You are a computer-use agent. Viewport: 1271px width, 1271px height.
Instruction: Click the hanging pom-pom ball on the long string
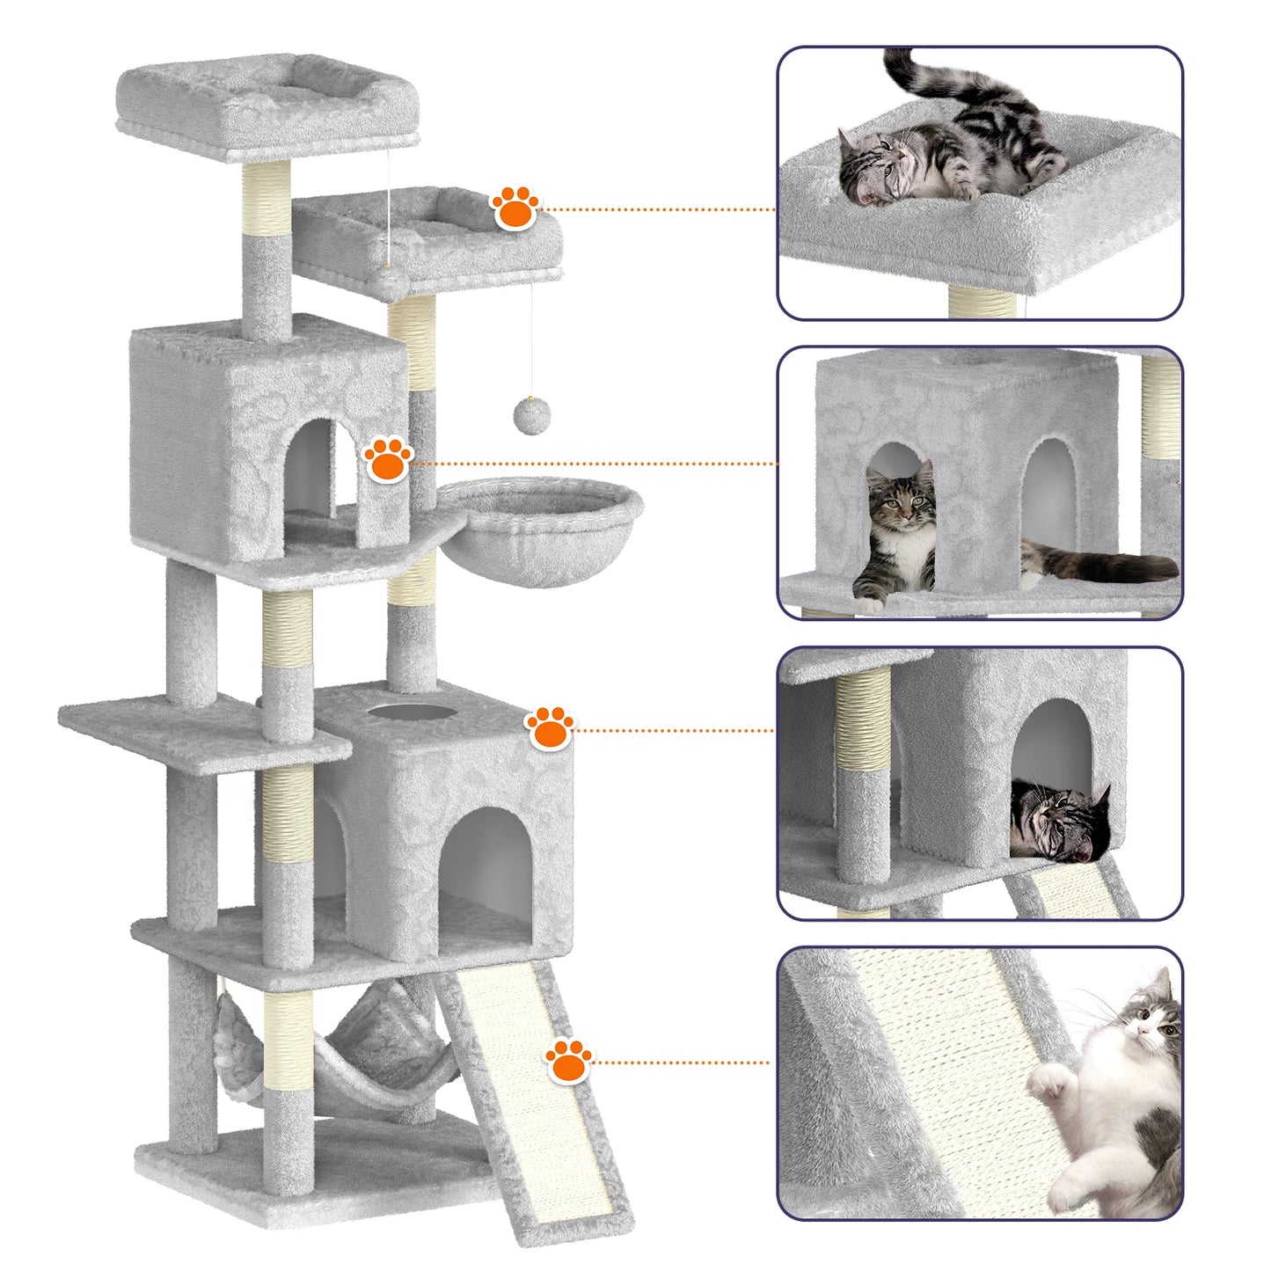point(531,415)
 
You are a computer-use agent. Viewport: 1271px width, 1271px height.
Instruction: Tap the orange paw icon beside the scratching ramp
point(568,1061)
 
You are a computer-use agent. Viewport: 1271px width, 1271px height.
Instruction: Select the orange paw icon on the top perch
point(515,208)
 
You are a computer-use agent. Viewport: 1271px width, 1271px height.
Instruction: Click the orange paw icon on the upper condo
point(388,459)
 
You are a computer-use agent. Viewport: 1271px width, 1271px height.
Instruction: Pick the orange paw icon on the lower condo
point(550,727)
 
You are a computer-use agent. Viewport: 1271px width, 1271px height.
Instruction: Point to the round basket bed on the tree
point(538,528)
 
